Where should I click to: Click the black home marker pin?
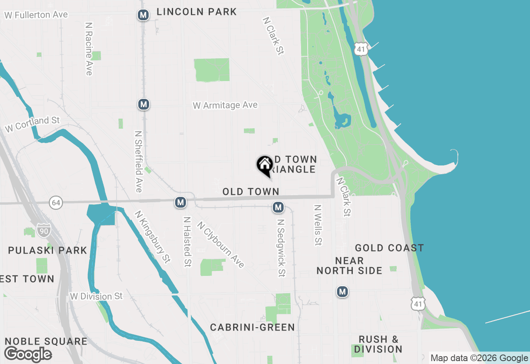coord(265,165)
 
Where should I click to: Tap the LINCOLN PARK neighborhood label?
coord(197,12)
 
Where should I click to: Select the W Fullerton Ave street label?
coord(36,15)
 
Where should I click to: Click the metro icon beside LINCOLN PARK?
coord(143,15)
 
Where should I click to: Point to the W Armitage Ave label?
coord(225,105)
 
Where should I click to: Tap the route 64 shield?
coord(56,203)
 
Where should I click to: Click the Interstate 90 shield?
coord(43,230)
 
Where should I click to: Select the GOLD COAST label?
coord(389,248)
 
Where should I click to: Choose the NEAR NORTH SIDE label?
coord(349,266)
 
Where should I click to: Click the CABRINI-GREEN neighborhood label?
coord(253,328)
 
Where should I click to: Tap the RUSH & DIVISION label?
coord(378,344)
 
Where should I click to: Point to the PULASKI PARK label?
coord(48,250)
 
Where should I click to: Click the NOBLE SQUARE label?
coord(46,342)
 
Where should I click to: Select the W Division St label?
coord(96,296)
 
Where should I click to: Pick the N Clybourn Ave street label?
coord(221,245)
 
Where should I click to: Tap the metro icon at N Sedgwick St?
coord(278,207)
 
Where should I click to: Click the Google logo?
coord(28,354)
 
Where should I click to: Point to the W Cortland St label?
coord(32,125)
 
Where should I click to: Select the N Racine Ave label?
coord(88,49)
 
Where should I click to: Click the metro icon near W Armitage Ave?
coord(144,104)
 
